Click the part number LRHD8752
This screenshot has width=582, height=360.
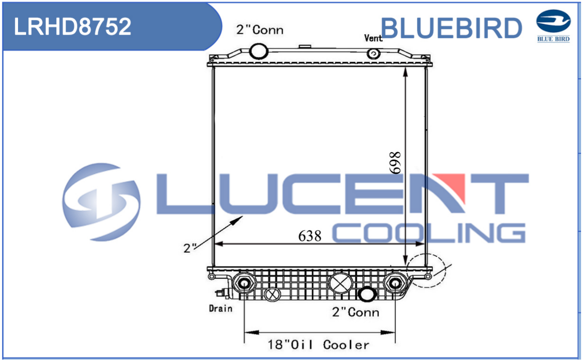pyautogui.click(x=73, y=27)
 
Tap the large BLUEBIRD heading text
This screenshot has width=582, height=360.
pyautogui.click(x=451, y=28)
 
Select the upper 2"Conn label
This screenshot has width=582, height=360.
pyautogui.click(x=260, y=30)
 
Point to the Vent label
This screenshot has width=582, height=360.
pyautogui.click(x=373, y=38)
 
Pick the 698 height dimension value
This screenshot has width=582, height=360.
pyautogui.click(x=395, y=163)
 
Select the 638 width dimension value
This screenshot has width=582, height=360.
pyautogui.click(x=310, y=236)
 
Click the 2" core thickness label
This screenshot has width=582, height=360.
pyautogui.click(x=190, y=248)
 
